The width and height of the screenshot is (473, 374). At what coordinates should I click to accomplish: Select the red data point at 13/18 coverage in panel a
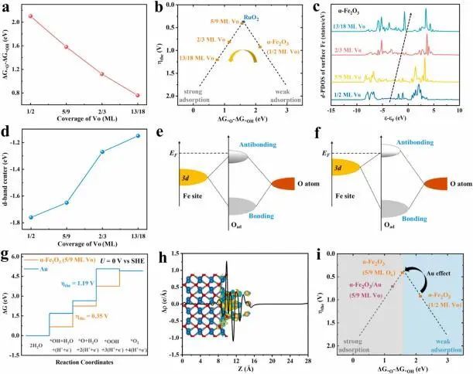click(x=138, y=96)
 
